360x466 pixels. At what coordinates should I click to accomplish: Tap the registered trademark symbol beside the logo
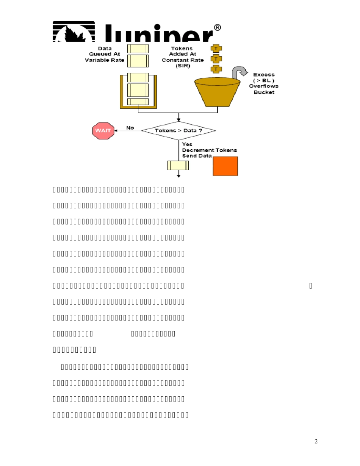(x=217, y=28)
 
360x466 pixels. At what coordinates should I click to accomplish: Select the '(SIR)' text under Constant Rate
(x=182, y=66)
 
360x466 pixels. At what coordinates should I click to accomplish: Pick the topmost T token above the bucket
(x=216, y=49)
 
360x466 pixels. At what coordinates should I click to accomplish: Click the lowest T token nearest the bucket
(x=216, y=69)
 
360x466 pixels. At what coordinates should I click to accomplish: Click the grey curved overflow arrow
(x=239, y=72)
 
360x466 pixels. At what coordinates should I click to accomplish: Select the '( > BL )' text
(x=264, y=80)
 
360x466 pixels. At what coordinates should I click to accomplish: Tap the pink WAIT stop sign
(x=103, y=131)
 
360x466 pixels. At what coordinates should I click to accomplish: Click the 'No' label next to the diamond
(x=130, y=128)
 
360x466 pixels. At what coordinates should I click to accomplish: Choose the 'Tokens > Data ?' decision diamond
(x=178, y=131)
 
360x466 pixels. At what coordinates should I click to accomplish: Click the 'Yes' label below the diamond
(x=187, y=144)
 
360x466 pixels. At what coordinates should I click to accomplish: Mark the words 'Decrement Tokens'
(x=210, y=150)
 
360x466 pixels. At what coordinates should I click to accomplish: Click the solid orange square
(x=225, y=166)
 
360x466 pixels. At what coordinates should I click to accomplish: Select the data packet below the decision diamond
(x=178, y=166)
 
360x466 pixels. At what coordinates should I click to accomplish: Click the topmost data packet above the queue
(x=138, y=48)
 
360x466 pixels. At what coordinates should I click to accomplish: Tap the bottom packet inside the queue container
(x=138, y=101)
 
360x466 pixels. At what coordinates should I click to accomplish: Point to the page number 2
(x=316, y=441)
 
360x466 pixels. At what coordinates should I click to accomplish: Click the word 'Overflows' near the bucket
(x=263, y=86)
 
